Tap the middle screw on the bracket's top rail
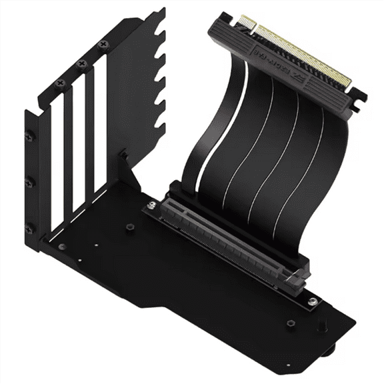click(82, 64)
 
